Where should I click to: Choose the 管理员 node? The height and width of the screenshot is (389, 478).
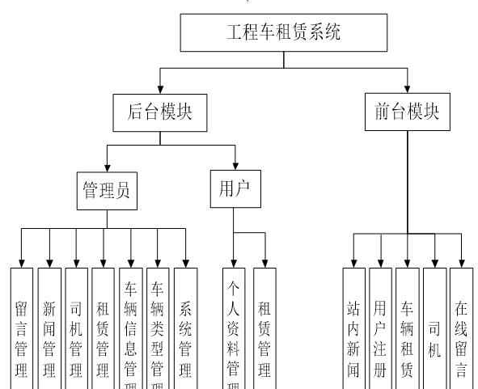pos(106,190)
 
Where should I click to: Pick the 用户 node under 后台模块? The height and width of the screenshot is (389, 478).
pos(234,188)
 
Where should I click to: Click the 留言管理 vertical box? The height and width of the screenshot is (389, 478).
pos(22,332)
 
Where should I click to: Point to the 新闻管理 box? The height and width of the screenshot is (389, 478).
pos(49,332)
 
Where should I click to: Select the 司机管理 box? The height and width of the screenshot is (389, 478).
pos(76,332)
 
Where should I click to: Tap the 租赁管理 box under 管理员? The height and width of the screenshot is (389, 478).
pos(103,332)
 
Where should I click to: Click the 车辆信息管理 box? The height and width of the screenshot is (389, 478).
pos(130,332)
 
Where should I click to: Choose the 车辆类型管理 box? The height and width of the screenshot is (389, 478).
pos(157,332)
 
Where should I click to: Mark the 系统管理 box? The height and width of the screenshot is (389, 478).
pos(185,332)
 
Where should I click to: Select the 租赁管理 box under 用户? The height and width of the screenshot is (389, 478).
pos(264,332)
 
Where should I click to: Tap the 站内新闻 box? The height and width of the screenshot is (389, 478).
pos(353,332)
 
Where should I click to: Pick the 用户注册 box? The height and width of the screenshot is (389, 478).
pos(380,332)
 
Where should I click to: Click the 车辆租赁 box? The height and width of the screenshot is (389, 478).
pos(407,332)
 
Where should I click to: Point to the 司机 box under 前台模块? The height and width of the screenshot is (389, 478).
pos(434,332)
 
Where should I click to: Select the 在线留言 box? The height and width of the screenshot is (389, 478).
pos(461,332)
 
